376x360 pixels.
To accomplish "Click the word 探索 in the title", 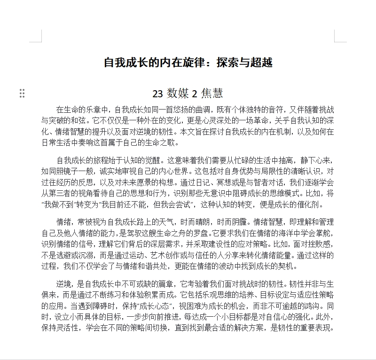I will click(228, 63).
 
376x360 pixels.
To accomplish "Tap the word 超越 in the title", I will click(261, 63).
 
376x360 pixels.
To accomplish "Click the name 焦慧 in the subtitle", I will click(212, 94).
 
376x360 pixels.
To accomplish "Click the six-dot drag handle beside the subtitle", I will click(22, 94).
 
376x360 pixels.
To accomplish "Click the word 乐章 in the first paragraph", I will click(92, 110).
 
